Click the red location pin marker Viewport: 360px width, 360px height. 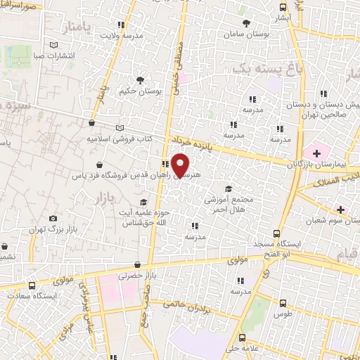point(181,165)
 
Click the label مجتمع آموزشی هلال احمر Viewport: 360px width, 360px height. point(227,205)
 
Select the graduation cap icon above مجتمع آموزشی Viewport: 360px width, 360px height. point(227,188)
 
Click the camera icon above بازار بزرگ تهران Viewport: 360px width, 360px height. point(53,219)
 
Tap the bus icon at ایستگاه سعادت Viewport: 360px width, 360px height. point(32,285)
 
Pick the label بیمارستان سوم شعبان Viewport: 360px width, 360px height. point(330,222)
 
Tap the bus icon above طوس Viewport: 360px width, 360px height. point(283,304)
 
